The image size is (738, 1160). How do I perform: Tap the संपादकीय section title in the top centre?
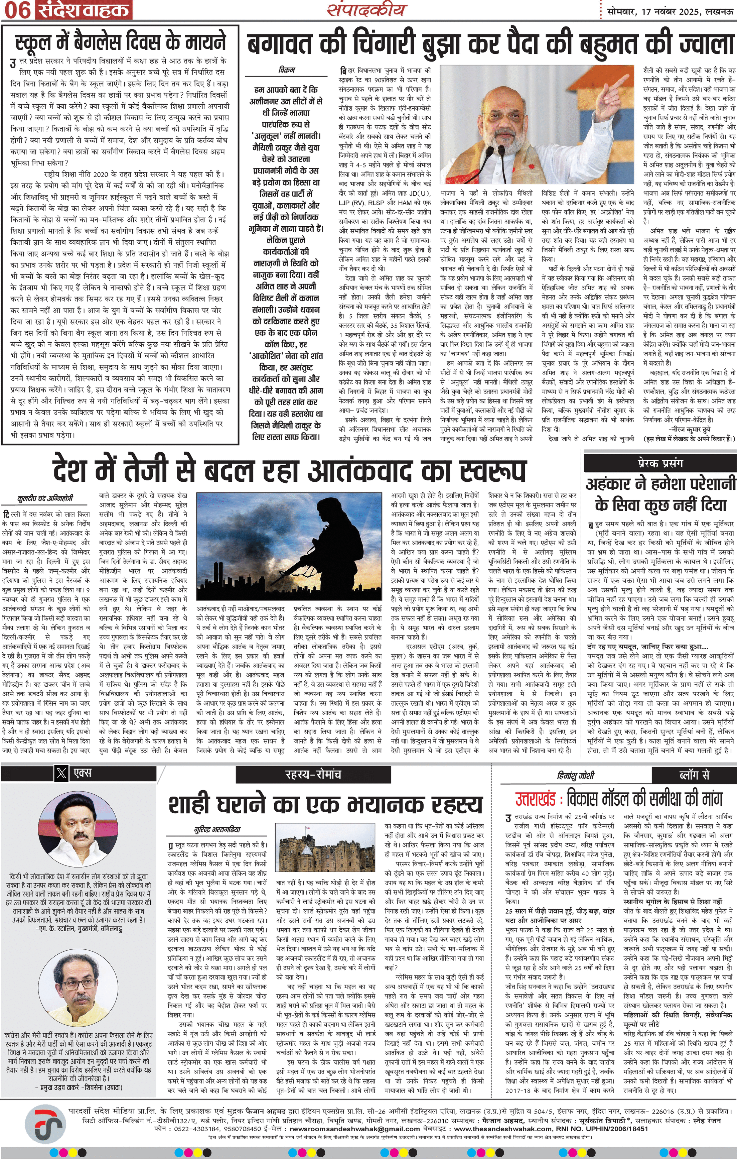[x=367, y=10]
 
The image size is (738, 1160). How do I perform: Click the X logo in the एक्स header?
[x=61, y=773]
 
